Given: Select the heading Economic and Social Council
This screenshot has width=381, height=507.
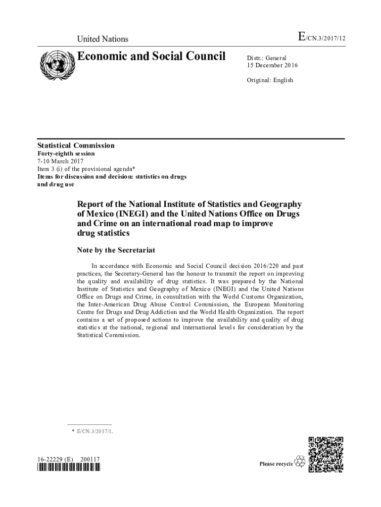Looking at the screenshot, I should point(151,56).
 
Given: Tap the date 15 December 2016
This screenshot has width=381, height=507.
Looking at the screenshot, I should point(273,65).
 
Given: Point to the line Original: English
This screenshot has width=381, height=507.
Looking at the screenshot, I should point(270,80).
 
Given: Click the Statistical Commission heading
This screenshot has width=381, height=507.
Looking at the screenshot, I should point(76,146).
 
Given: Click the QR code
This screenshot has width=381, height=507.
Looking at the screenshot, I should point(326,454).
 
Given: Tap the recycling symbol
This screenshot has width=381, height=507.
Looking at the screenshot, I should point(300,462).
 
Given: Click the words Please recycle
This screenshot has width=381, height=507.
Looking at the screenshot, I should point(276,463).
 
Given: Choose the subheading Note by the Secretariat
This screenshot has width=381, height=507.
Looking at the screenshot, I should point(116,250).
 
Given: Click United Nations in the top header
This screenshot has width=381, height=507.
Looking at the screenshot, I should point(102,39).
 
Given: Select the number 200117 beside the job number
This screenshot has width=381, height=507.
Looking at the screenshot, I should point(90,459).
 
